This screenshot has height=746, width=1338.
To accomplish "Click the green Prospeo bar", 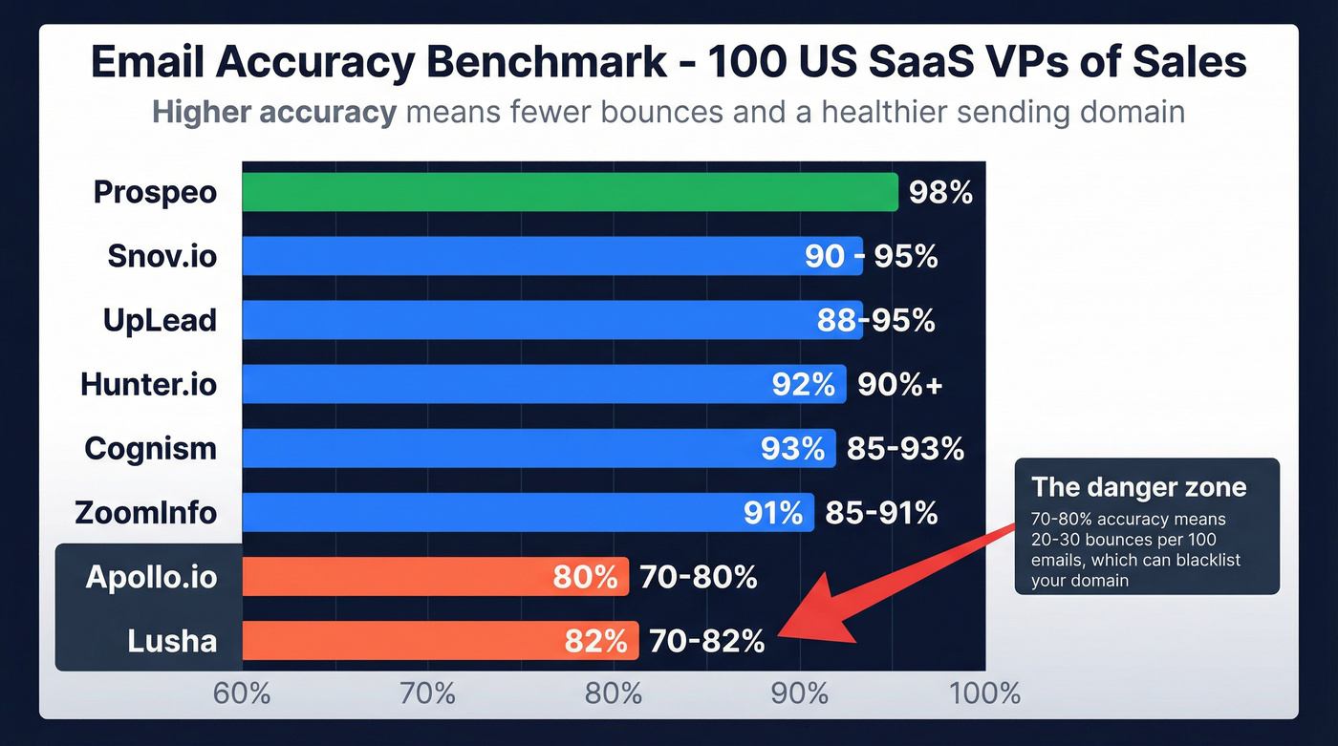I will pos(570,192).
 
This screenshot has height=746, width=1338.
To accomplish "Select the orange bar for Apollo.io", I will pos(435,577).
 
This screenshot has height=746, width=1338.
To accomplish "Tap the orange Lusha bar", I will pos(440,641).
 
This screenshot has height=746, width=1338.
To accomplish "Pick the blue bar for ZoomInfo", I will pos(528,513).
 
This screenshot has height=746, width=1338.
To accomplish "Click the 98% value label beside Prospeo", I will pos(940,193).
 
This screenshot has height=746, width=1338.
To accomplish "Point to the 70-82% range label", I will pos(706,642).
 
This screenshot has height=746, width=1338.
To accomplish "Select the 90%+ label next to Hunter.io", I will pos(899,385).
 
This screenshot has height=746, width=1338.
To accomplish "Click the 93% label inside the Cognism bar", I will pos(792,449).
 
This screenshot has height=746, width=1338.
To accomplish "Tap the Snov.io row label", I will pos(162,257).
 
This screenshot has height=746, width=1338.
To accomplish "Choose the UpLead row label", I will pos(160,321).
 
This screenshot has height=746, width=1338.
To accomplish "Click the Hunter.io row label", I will pos(148,385).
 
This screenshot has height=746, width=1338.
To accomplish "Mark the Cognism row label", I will pos(150,449).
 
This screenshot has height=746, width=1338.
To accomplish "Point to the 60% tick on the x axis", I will pos(242,693).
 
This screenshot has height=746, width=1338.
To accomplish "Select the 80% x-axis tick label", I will pos(613,693).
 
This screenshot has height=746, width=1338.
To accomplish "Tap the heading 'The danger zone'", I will pos(1138,487).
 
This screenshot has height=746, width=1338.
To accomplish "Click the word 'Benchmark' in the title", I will pos(536,63).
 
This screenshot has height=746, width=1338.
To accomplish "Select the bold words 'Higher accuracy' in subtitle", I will pos(273,113).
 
